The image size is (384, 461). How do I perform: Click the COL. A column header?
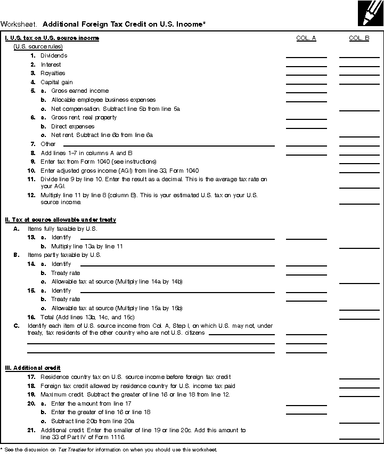point(306,38)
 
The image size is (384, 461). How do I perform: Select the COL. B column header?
point(359,38)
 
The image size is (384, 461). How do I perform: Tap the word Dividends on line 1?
point(54,55)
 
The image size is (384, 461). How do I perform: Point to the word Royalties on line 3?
point(53,73)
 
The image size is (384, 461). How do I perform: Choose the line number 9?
point(33,161)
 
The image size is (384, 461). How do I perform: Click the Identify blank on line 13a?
point(177,238)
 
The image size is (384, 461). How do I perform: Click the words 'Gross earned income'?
point(80,91)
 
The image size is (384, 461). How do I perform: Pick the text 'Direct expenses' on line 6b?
point(73,126)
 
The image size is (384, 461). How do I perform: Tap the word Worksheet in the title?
point(19,24)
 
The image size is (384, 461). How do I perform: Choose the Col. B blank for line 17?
point(359,378)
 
